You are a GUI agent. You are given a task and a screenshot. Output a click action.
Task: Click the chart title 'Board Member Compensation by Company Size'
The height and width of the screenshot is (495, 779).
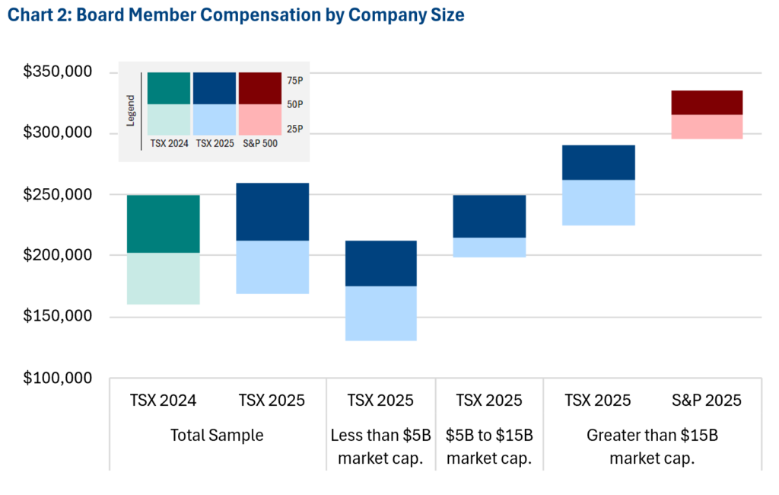270,15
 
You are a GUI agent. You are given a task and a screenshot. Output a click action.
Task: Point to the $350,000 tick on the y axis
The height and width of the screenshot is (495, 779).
58,72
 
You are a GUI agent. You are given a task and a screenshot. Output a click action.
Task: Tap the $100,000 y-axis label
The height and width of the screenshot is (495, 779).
58,378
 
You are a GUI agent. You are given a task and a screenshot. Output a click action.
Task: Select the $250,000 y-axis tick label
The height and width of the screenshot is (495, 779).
58,194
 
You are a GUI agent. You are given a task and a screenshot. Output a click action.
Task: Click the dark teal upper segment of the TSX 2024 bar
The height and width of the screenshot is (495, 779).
164,224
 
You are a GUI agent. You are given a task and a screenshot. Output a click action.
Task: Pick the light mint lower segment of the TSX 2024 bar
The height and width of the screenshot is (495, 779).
164,279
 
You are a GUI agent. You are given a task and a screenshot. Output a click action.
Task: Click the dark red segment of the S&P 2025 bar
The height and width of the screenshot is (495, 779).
707,103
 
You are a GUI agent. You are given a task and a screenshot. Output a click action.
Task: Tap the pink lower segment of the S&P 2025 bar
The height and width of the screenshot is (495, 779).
707,127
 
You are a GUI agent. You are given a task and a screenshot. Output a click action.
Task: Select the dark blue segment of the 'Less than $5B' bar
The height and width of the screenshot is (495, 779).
381,263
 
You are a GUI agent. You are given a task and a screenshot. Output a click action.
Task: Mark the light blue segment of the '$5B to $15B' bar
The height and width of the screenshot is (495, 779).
489,247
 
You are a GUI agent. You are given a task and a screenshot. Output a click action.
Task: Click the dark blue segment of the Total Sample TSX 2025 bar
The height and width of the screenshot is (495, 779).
272,212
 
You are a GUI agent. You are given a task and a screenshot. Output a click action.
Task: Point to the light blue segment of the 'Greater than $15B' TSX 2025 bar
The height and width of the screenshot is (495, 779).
599,203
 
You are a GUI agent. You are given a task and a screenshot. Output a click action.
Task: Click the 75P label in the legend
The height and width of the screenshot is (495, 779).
294,81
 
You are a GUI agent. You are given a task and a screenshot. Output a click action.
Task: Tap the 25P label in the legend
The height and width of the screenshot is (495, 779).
294,129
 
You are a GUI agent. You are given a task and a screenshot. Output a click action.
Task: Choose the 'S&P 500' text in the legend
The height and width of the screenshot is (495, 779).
260,143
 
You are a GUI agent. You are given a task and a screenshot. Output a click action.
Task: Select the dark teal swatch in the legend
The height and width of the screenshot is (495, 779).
169,88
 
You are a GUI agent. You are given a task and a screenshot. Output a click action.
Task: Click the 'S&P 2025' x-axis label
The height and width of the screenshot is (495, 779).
707,400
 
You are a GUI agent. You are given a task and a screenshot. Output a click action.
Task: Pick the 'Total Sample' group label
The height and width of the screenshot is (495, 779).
217,435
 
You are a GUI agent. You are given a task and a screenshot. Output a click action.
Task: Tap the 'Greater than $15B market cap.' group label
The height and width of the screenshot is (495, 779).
652,446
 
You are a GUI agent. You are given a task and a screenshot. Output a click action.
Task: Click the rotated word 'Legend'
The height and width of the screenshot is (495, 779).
131,110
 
